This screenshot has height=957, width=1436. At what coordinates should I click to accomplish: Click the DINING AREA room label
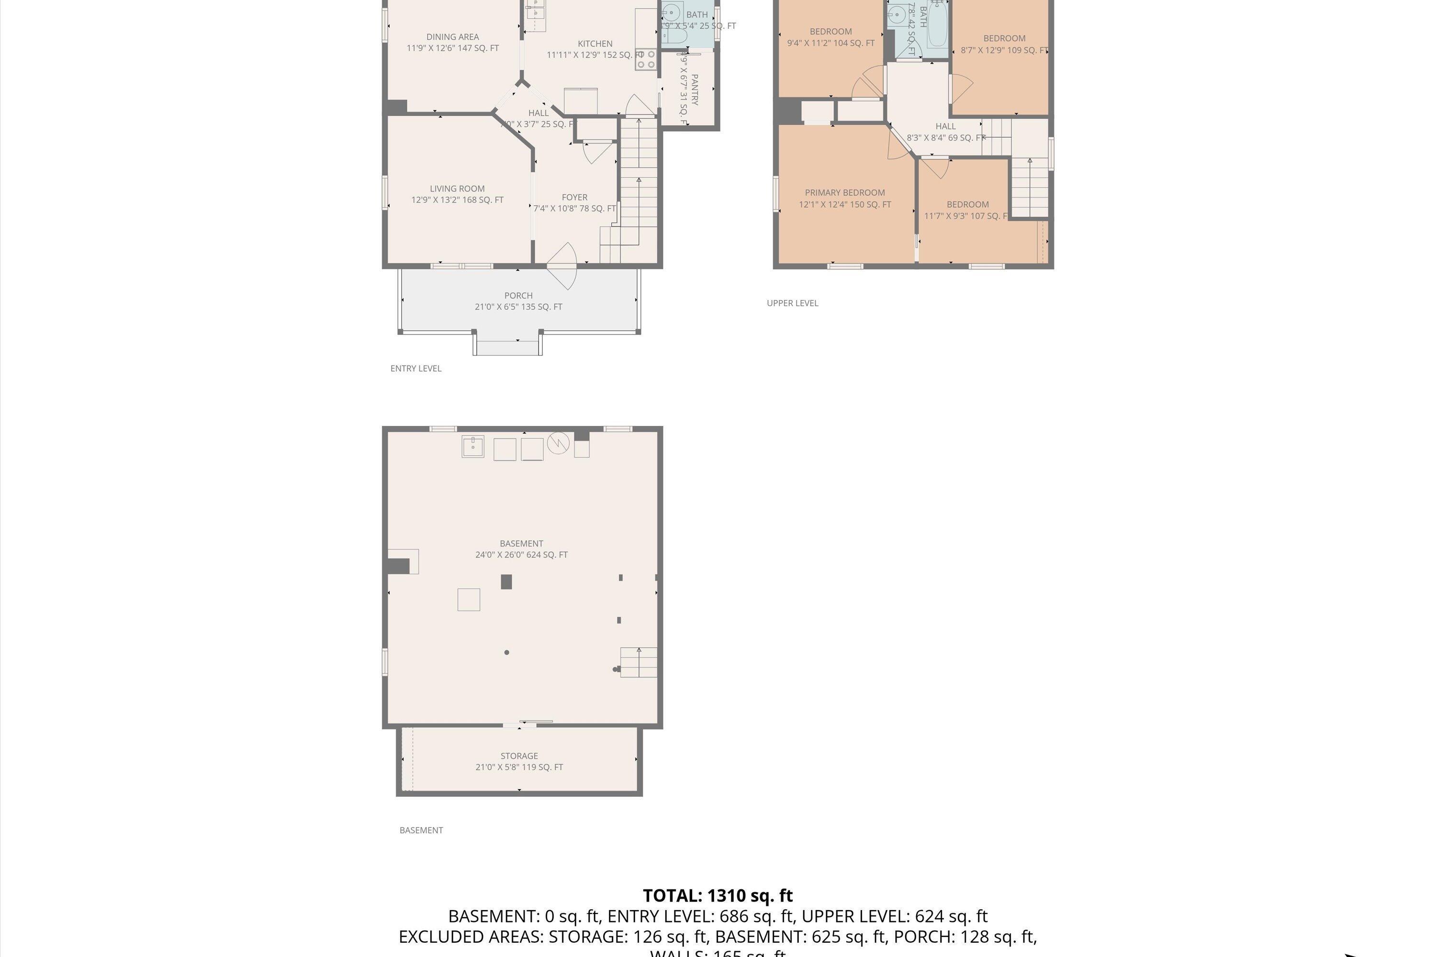tap(452, 37)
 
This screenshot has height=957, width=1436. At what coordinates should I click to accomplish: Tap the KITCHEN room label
tap(595, 44)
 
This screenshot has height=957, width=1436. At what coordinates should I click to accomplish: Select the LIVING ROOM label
tap(457, 189)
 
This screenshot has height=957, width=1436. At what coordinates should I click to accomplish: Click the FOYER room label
tap(574, 198)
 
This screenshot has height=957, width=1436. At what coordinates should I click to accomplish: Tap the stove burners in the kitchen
tap(646, 60)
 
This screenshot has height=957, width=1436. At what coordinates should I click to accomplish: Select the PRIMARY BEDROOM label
tap(844, 193)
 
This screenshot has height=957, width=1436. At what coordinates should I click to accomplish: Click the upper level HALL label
tap(945, 127)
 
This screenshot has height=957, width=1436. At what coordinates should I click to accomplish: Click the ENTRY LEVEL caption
tap(416, 368)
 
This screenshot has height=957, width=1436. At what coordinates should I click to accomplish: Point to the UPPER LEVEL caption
tap(792, 303)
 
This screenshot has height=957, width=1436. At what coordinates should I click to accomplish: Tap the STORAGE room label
tap(519, 756)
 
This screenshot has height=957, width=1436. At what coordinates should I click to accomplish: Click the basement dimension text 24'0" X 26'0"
tap(521, 555)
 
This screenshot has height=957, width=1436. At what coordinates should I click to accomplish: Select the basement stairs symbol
tap(639, 663)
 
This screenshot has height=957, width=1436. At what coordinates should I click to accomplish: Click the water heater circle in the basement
tap(558, 443)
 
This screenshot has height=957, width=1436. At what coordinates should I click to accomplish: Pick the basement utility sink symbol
tap(472, 447)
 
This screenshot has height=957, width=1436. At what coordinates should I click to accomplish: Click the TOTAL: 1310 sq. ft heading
tap(718, 895)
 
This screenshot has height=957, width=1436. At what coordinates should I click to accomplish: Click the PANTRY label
tap(694, 90)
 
